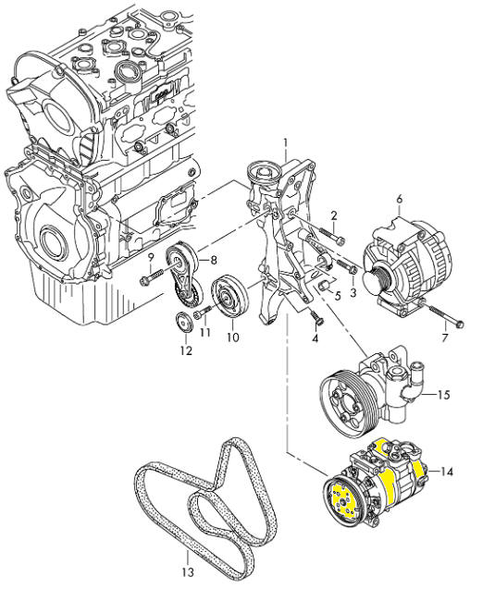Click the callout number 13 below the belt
pyautogui.click(x=188, y=572)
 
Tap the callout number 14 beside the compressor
pyautogui.click(x=446, y=472)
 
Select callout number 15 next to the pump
pyautogui.click(x=444, y=395)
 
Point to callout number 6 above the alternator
pyautogui.click(x=400, y=199)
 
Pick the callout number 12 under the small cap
pyautogui.click(x=186, y=350)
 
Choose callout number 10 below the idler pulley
pyautogui.click(x=232, y=337)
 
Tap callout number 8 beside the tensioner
pyautogui.click(x=214, y=260)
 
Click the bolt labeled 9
pyautogui.click(x=155, y=278)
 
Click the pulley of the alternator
pyautogui.click(x=377, y=279)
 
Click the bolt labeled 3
pyautogui.click(x=347, y=266)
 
